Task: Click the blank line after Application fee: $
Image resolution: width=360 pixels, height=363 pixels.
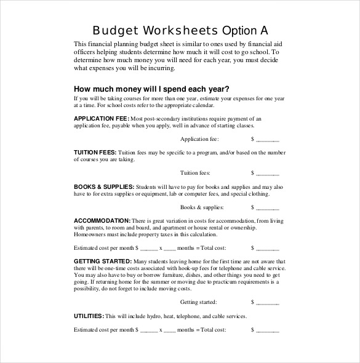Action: pos(267,139)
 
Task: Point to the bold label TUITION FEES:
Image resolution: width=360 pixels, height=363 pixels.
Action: pos(95,152)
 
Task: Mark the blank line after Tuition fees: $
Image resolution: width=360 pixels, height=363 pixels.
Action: pos(267,173)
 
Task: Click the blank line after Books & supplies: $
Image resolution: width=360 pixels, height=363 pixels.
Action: pos(267,207)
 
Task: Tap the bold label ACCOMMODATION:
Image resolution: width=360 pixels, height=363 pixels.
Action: pos(102,220)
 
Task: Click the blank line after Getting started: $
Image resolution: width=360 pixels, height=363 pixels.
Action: pos(267,302)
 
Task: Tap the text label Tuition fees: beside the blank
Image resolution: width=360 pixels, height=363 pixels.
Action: pos(195,173)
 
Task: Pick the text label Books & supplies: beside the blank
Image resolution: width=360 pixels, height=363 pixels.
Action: pos(202,207)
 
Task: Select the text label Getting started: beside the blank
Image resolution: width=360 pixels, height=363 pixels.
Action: pos(198,302)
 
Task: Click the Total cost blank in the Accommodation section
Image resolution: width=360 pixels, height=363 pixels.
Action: pos(267,248)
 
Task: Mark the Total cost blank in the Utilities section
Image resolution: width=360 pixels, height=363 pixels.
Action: pos(267,330)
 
